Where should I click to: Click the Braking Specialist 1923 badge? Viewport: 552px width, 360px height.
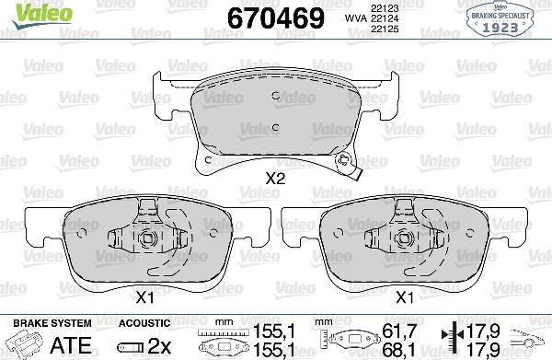500,20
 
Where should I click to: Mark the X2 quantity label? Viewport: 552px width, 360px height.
274,180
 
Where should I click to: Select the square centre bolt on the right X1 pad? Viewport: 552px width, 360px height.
406,241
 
